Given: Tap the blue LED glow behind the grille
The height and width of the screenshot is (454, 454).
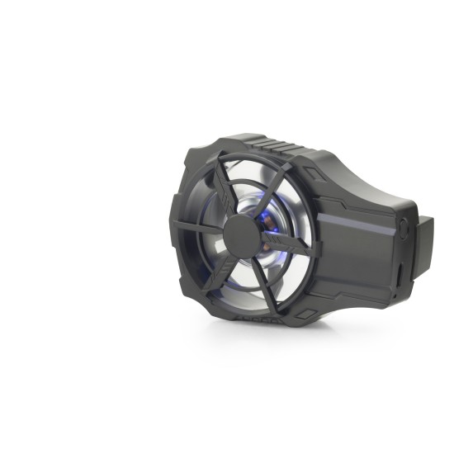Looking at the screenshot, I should click(x=267, y=217).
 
